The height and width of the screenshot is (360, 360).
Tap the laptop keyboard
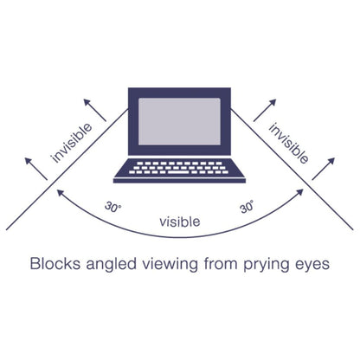pos(179,167)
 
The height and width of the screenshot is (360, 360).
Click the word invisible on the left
pos(77,139)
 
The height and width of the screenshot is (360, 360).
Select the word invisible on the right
pos(288,141)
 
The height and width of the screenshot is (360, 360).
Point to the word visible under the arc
pos(179,222)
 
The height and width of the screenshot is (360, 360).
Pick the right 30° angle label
pos(247,208)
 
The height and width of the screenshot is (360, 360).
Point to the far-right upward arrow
pos(331,168)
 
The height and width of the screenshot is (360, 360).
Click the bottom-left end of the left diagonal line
pos(8,229)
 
